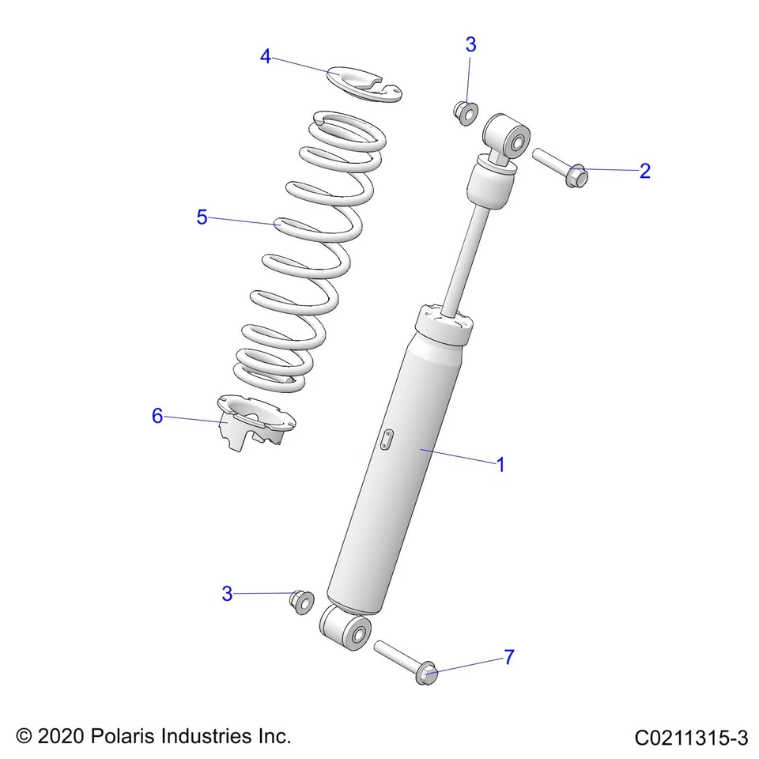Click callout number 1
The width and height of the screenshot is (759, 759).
click(x=500, y=464)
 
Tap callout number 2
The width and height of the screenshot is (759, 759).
click(x=644, y=171)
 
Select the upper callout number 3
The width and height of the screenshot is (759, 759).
click(x=470, y=45)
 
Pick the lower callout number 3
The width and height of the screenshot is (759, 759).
click(x=227, y=594)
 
